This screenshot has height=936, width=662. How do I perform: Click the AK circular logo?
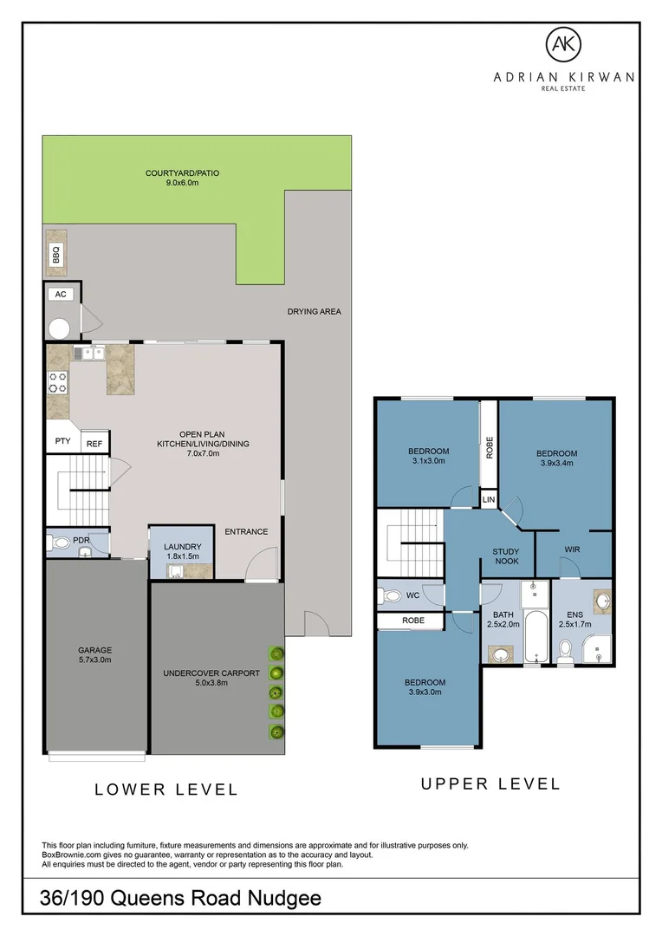[x=562, y=43]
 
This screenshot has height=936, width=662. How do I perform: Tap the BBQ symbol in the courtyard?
[x=56, y=253]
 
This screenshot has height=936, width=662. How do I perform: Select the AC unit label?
[x=61, y=295]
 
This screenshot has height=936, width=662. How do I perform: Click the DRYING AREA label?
[x=315, y=311]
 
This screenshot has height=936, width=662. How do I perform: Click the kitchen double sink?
[x=88, y=353]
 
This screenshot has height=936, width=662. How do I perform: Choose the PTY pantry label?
[x=62, y=441]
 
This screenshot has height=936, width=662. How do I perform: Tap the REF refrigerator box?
[x=94, y=444]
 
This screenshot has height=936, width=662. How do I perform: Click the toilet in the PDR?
[x=60, y=544]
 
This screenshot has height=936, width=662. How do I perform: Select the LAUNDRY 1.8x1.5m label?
[x=182, y=551]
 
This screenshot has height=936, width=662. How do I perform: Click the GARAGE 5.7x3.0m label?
[x=96, y=654]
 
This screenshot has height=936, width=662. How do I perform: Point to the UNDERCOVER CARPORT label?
[x=211, y=677]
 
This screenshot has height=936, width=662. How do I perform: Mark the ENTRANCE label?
[x=246, y=531]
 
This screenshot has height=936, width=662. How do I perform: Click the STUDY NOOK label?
[x=505, y=556]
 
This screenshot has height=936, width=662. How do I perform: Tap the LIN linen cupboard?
[x=489, y=500]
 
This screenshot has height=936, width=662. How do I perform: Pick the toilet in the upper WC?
[x=392, y=595]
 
